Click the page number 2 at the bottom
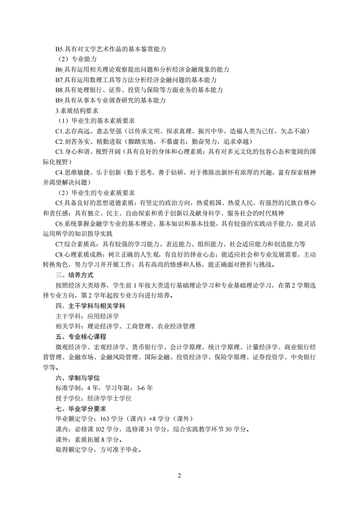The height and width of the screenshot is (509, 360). point(179,476)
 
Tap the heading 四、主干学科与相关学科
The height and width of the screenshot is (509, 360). point(87,306)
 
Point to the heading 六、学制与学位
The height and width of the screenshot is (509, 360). point(77,378)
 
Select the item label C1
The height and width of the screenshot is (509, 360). point(60,131)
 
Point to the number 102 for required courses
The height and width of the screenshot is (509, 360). point(104,429)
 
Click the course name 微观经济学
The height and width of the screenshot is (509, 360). point(71,347)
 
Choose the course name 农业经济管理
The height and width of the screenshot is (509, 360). point(176,327)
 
